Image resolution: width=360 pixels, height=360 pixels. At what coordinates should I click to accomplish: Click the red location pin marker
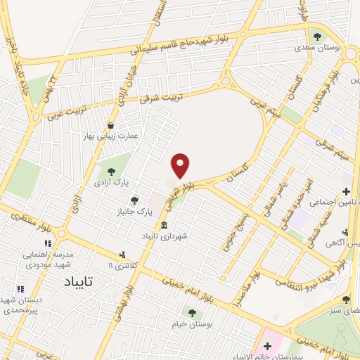(181, 165)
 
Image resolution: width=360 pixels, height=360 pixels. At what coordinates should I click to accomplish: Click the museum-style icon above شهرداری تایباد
(164, 226)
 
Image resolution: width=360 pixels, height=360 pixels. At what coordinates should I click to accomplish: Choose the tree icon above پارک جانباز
(134, 200)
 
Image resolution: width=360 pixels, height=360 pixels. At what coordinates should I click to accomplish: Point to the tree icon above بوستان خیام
(191, 312)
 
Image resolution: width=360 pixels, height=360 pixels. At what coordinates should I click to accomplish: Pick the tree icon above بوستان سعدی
(317, 35)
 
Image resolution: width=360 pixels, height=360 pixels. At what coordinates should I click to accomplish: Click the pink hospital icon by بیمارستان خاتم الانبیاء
(266, 345)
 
